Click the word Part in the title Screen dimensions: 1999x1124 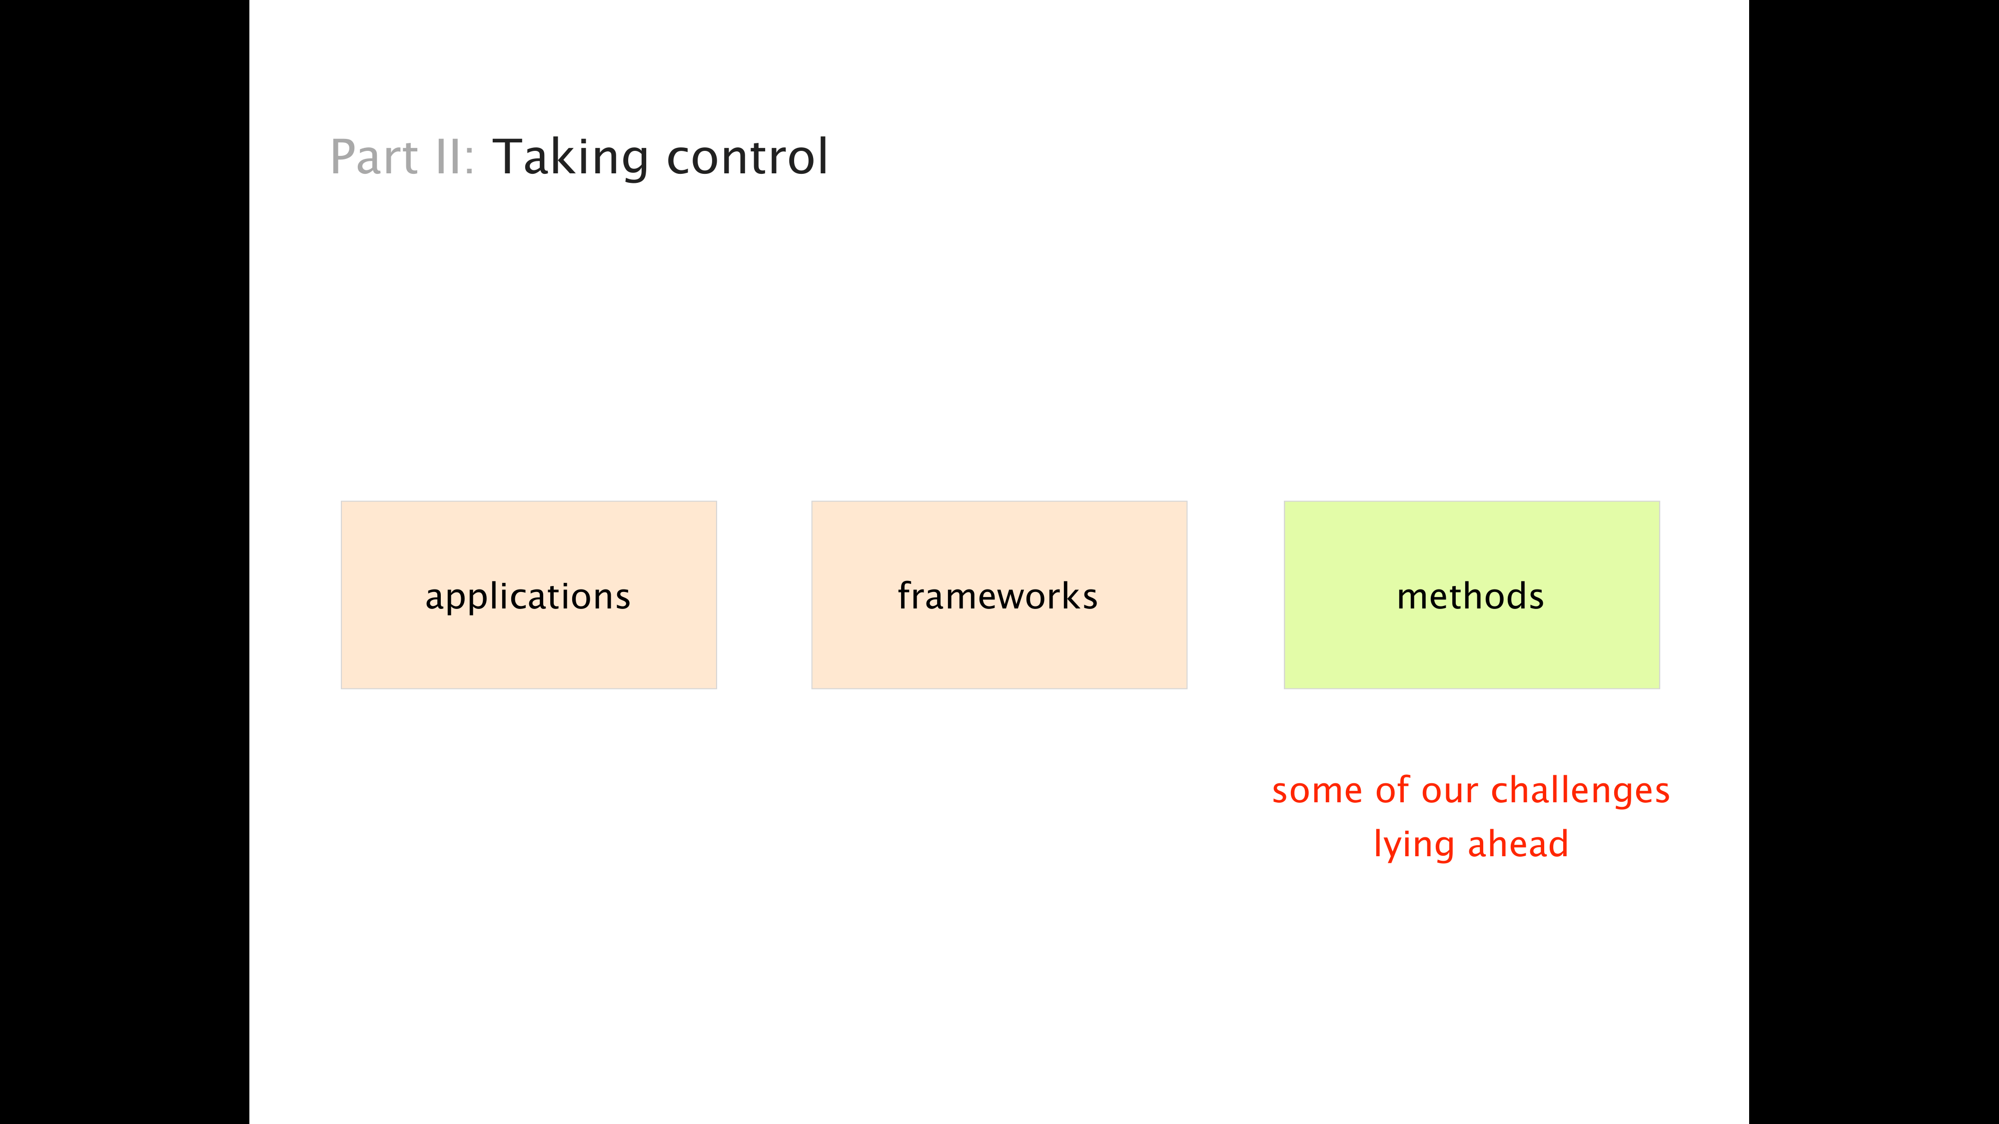tap(374, 157)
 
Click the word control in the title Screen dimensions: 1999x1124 tap(747, 157)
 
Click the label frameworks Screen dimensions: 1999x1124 tap(997, 596)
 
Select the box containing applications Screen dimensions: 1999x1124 tap(528, 595)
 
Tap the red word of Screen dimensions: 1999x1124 tap(1393, 790)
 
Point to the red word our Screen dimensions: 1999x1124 tap(1450, 792)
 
